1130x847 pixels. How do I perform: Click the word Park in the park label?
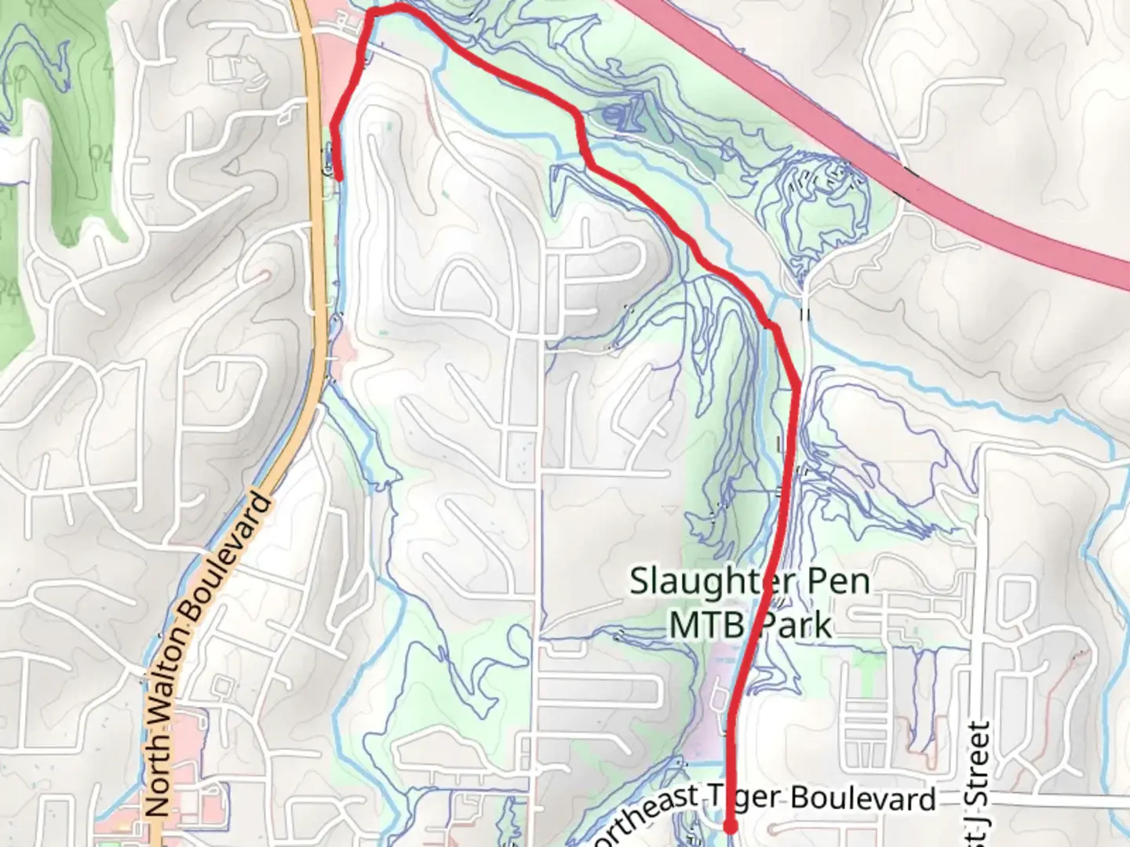coord(793,625)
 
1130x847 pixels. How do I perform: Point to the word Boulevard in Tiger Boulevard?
coord(863,798)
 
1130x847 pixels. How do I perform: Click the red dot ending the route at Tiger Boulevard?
coord(730,826)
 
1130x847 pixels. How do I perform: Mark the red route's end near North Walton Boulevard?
coord(339,177)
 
